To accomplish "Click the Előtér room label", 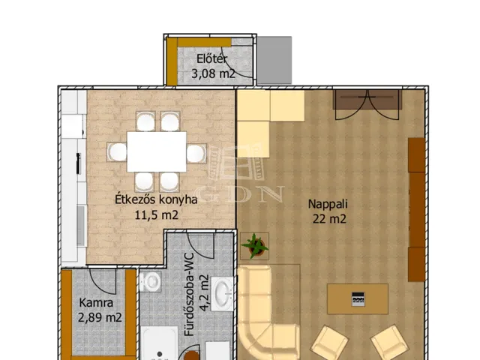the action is point(211,58).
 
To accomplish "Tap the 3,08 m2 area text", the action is point(213,73).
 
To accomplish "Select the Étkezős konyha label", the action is point(156,199).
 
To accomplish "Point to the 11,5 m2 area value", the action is point(157,215).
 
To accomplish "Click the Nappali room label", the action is point(328,204).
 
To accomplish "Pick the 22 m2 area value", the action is point(329,219).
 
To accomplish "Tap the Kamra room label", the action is point(96,303).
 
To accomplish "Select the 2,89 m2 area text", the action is point(100,317).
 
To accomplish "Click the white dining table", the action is point(157,151).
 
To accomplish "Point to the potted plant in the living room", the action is point(255,246).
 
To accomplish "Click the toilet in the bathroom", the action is point(150,281).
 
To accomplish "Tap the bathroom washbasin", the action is point(223,294).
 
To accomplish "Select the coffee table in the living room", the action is point(358,298).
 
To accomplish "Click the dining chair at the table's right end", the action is point(196,153).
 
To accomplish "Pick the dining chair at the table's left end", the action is point(117,152).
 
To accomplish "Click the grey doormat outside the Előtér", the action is point(274,60).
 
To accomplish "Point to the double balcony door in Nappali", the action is point(367,105).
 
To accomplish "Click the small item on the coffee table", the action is point(358,299).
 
